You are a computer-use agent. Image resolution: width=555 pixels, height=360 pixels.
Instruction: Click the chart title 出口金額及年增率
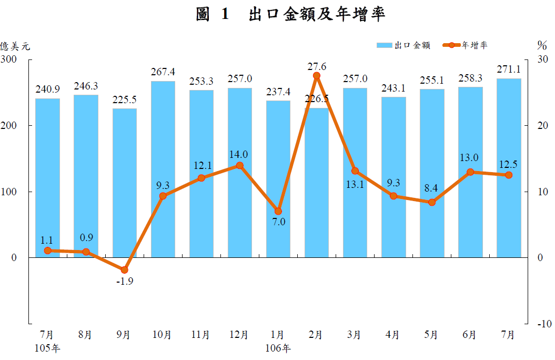click(x=290, y=15)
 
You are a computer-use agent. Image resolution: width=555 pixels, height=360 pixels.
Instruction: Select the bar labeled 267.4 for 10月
click(x=163, y=168)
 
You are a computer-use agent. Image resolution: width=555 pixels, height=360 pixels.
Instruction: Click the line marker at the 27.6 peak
click(x=317, y=76)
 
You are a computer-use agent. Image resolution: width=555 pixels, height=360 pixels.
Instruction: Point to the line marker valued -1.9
click(x=125, y=270)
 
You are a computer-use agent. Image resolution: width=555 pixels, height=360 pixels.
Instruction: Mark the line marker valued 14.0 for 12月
click(x=240, y=165)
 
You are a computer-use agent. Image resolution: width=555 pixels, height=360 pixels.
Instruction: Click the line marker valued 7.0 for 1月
click(x=278, y=212)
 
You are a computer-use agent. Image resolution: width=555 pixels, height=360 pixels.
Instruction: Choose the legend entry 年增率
click(x=466, y=46)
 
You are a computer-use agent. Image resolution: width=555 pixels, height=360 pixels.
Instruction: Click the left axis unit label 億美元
click(x=15, y=46)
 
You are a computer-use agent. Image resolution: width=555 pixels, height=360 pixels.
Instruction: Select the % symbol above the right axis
click(x=542, y=45)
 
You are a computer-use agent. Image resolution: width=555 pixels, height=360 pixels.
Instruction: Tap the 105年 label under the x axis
click(x=47, y=348)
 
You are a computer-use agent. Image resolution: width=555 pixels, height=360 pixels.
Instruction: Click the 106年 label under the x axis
click(x=278, y=348)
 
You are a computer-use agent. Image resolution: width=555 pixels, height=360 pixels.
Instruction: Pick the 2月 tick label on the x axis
click(x=316, y=335)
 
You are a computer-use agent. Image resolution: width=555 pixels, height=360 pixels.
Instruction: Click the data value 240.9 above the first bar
click(x=47, y=89)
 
